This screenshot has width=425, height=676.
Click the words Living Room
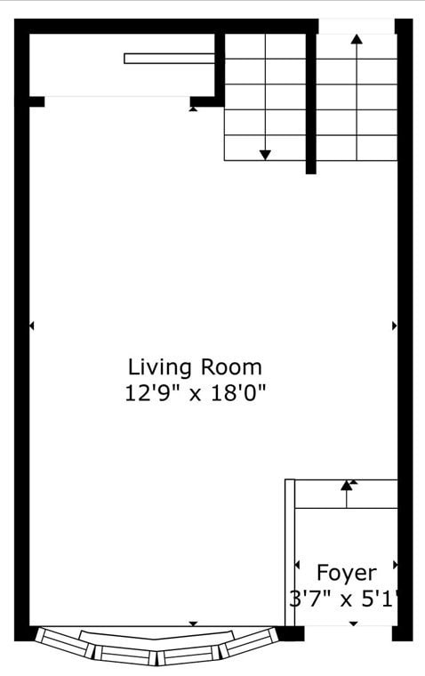195,366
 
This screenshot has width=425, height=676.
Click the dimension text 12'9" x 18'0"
195,392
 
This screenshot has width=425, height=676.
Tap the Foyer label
347,572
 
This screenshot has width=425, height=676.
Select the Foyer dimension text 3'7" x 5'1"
344,598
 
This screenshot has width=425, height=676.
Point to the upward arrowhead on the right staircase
357,39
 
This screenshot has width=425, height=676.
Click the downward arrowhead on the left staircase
265,155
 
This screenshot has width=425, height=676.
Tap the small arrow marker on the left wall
32,326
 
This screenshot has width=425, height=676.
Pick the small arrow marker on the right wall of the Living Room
394,326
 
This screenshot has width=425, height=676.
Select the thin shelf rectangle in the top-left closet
169,59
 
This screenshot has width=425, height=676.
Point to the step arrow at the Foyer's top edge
347,486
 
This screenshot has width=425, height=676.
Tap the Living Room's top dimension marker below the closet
194,109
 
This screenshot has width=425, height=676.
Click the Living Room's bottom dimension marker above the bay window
194,624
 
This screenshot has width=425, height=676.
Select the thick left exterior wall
21,356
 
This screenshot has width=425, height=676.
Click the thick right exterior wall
405,356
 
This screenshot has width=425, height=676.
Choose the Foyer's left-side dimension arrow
297,566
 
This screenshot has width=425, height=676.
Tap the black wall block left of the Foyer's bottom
290,633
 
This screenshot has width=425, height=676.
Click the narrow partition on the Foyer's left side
290,551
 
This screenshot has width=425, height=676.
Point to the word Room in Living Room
230,366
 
